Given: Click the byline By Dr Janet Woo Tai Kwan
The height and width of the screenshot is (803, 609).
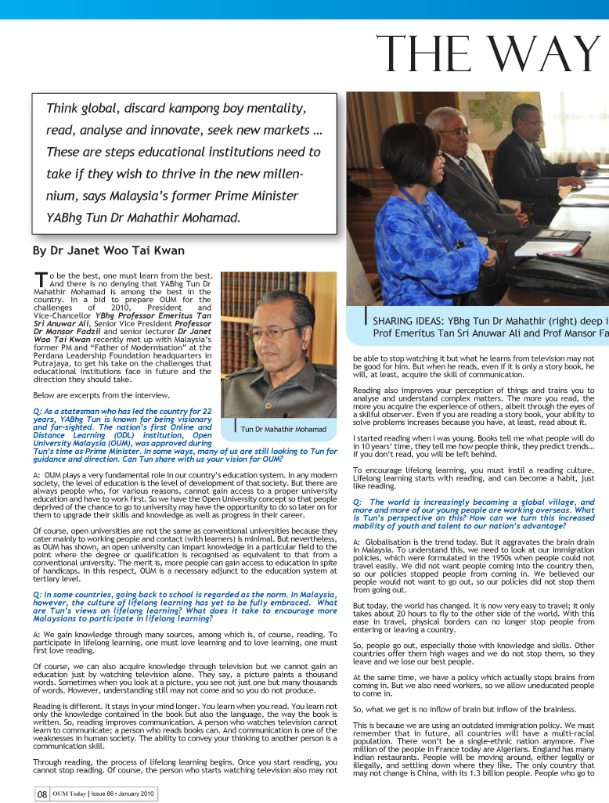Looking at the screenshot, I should pyautogui.click(x=108, y=251).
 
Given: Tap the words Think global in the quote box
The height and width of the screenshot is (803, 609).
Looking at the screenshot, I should pyautogui.click(x=81, y=108).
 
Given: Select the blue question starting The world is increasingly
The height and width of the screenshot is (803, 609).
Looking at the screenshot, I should pyautogui.click(x=473, y=517).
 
